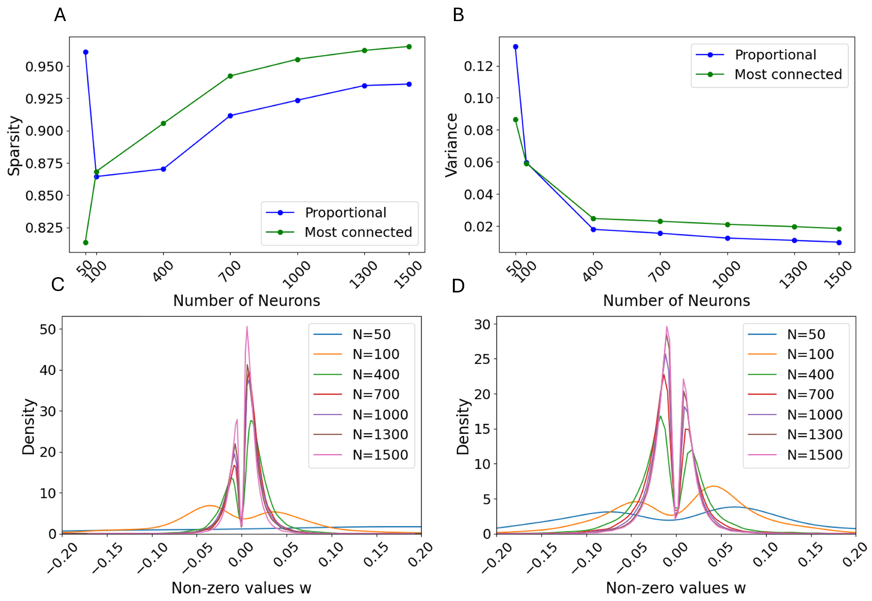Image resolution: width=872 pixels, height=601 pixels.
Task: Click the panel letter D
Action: click(x=458, y=286)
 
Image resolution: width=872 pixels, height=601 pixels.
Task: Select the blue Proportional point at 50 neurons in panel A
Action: click(x=86, y=52)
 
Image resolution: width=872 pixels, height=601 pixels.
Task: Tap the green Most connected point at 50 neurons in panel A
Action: click(x=86, y=243)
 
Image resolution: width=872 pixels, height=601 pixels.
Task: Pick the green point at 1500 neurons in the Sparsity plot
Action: click(x=409, y=47)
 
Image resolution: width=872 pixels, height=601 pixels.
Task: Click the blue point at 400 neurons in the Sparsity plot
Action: click(x=163, y=169)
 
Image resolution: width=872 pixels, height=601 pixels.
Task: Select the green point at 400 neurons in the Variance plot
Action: click(x=593, y=218)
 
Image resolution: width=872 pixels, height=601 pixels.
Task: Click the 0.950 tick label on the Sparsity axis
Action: click(x=44, y=67)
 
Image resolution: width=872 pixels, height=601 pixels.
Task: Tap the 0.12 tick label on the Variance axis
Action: click(x=478, y=66)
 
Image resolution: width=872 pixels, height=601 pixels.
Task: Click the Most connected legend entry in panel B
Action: click(x=788, y=75)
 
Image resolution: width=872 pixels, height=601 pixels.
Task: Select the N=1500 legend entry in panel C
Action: click(x=380, y=455)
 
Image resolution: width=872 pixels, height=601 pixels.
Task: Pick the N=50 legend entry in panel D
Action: click(x=806, y=334)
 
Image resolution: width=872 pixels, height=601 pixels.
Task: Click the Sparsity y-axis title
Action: click(x=14, y=145)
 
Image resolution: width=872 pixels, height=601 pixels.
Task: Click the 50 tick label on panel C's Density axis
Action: click(x=48, y=329)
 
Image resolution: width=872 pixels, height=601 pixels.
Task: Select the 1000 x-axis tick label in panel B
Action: click(x=727, y=275)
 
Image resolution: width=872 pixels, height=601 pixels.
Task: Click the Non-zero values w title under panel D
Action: click(x=676, y=588)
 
